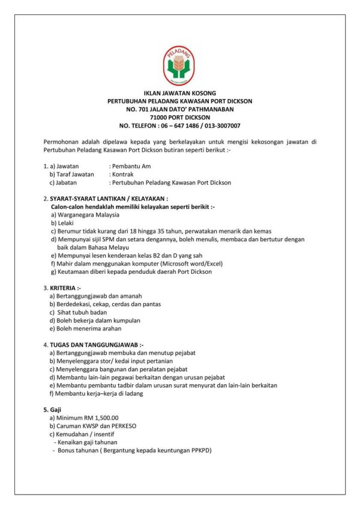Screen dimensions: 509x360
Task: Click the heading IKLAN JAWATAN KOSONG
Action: pos(180,94)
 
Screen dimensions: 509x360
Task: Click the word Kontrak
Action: pos(121,174)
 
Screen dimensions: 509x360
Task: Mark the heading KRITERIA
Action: pos(66,288)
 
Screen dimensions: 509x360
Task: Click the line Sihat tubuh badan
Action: pos(82,313)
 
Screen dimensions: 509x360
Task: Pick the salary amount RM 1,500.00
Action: pos(99,418)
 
